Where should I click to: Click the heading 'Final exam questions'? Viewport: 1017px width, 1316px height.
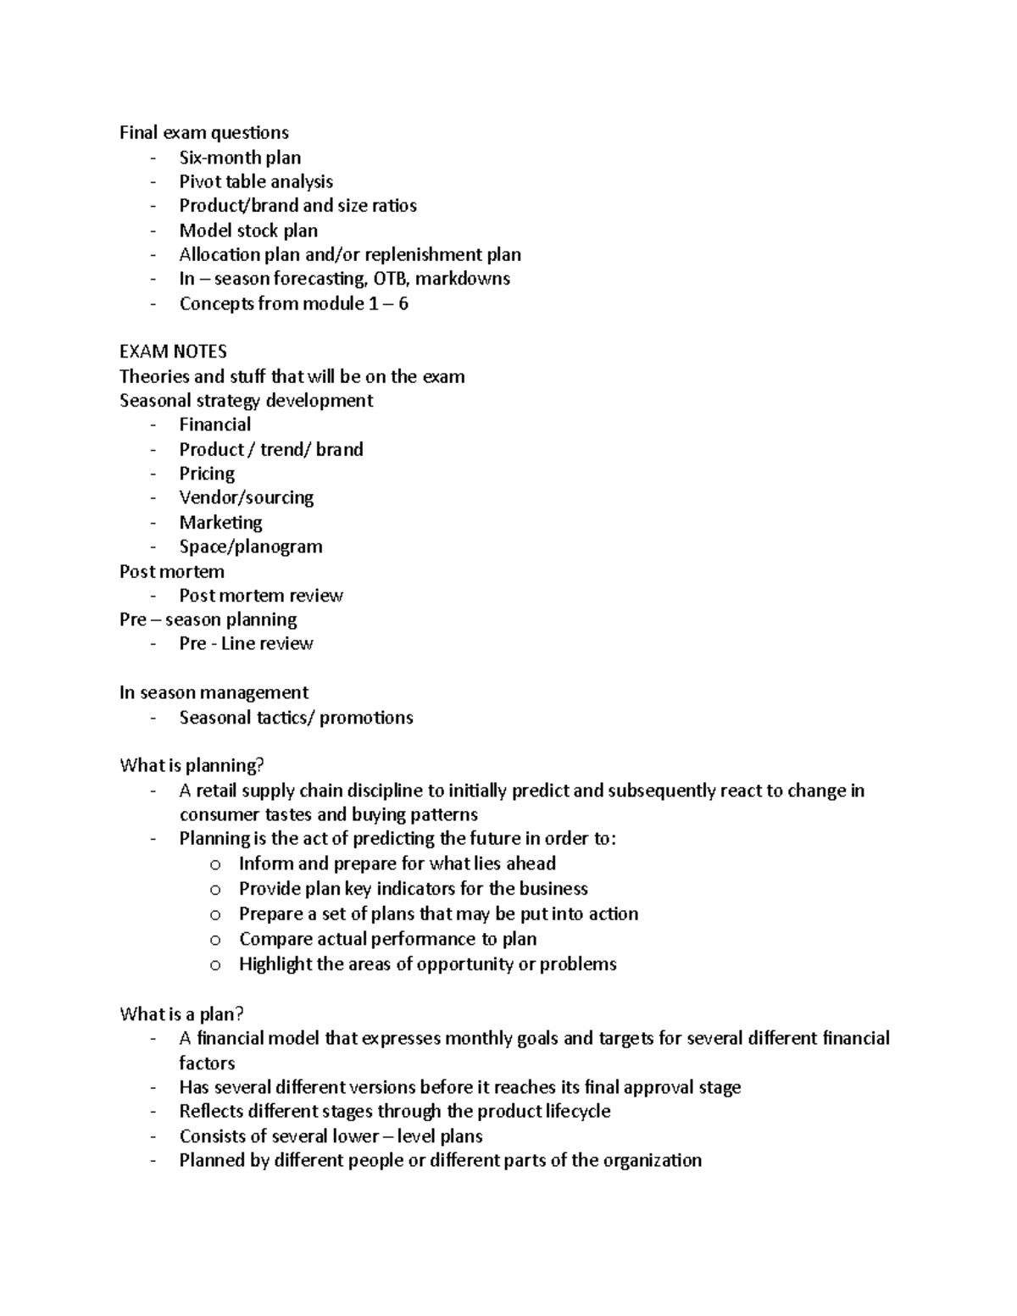(x=203, y=132)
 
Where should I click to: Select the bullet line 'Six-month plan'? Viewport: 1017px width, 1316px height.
(x=240, y=158)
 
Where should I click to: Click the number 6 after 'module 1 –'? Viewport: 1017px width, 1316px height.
(x=403, y=304)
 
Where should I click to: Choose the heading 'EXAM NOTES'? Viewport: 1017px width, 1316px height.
(x=173, y=352)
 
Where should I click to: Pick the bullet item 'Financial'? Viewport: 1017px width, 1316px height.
(x=214, y=425)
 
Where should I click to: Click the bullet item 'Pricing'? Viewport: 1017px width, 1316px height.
(x=207, y=474)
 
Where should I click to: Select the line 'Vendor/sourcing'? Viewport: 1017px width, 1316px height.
(x=246, y=497)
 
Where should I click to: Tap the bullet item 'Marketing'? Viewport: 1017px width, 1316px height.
(x=220, y=522)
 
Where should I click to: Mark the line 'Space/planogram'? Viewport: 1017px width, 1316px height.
(x=250, y=547)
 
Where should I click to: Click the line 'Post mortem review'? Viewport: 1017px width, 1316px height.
(x=260, y=596)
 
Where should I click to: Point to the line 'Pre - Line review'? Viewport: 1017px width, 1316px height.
(x=246, y=644)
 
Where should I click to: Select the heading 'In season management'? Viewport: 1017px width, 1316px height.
(x=214, y=693)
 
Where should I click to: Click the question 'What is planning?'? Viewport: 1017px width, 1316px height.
(x=192, y=766)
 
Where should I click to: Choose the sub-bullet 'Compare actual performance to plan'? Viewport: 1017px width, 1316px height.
(x=387, y=939)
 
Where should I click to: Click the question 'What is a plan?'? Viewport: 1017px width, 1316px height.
(x=181, y=1014)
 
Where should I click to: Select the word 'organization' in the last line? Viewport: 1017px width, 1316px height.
(x=652, y=1160)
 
